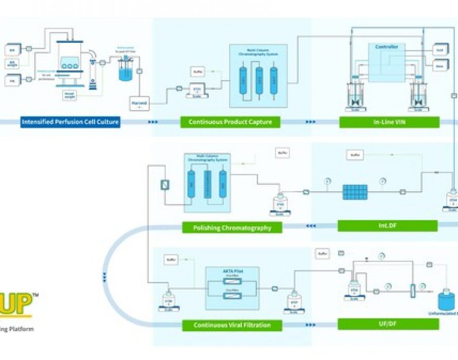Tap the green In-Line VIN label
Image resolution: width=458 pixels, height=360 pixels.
[x=389, y=122]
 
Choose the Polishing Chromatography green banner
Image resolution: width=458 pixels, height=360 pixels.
[x=232, y=227]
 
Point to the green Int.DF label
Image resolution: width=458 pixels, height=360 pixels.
[x=387, y=226]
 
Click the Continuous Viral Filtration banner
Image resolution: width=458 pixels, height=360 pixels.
[x=232, y=325]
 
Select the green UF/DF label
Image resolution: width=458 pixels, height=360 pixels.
[x=388, y=324]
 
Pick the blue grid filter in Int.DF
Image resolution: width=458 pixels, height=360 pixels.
[x=355, y=192]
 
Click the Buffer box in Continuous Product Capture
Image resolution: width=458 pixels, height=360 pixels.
[x=197, y=71]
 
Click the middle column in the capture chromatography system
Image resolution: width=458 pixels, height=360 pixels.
[x=259, y=80]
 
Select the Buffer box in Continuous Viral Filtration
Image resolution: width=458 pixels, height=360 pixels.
[x=170, y=260]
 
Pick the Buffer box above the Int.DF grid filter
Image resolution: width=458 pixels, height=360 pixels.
[x=354, y=155]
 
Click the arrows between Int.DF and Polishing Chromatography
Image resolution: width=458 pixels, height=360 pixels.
[x=311, y=226]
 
